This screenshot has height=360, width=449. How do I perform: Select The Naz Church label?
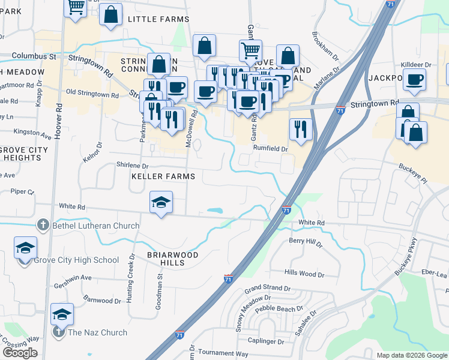pos(97,332)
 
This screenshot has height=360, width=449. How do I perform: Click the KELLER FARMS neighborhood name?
pos(164,176)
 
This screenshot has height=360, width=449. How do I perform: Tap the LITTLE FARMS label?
pos(158,19)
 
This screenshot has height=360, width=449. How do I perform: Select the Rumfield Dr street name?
pos(271,148)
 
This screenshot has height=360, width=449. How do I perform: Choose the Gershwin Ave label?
pos(73,278)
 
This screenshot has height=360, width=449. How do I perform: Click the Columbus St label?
pos(33,56)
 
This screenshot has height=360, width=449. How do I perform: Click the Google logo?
pos(20,353)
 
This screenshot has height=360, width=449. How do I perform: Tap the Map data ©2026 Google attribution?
pos(411,355)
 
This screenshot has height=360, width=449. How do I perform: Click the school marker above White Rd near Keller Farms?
pos(161,202)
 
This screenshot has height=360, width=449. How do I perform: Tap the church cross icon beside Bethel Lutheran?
pos(43,226)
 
